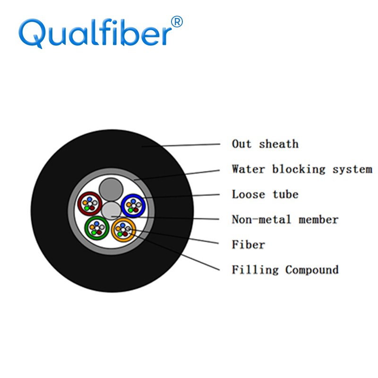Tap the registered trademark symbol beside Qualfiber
click(177, 22)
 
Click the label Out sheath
click(265, 144)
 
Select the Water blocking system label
click(302, 169)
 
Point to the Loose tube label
click(265, 194)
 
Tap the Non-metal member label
click(285, 219)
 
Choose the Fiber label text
click(249, 244)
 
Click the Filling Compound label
click(285, 270)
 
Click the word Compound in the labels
click(312, 270)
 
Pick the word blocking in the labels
click(299, 169)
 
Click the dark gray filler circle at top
click(111, 189)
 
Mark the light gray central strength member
click(111, 211)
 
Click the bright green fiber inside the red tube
click(87, 208)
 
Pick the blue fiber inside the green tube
click(97, 223)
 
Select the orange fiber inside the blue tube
click(129, 205)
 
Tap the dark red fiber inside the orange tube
click(125, 234)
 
